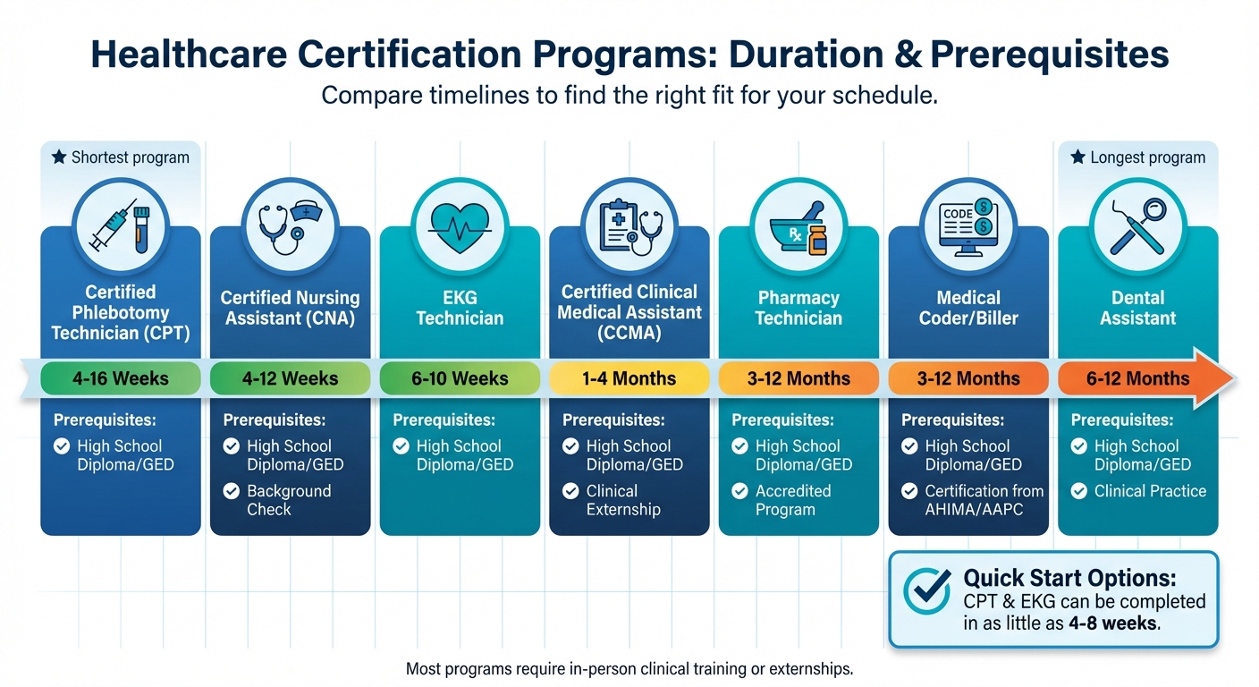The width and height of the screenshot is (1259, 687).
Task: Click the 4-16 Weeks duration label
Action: coord(121,378)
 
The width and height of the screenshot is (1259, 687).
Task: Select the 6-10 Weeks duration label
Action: coord(460,378)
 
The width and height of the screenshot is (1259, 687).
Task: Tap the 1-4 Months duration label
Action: coord(629,378)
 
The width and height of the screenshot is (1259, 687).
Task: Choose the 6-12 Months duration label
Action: coord(1137,378)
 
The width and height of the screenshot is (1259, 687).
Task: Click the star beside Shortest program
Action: coord(59,157)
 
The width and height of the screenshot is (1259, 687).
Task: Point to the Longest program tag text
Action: coord(1147,157)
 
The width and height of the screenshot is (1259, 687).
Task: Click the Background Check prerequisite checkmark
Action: coord(232,491)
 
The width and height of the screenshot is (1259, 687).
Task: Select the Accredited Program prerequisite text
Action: coord(793,501)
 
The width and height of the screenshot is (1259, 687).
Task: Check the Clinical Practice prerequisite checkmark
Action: coord(1079,491)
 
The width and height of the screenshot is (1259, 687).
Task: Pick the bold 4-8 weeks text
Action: coord(1113,624)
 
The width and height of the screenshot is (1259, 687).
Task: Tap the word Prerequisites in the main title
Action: coord(1049,55)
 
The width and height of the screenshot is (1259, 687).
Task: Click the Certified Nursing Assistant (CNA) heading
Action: coord(290,308)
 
